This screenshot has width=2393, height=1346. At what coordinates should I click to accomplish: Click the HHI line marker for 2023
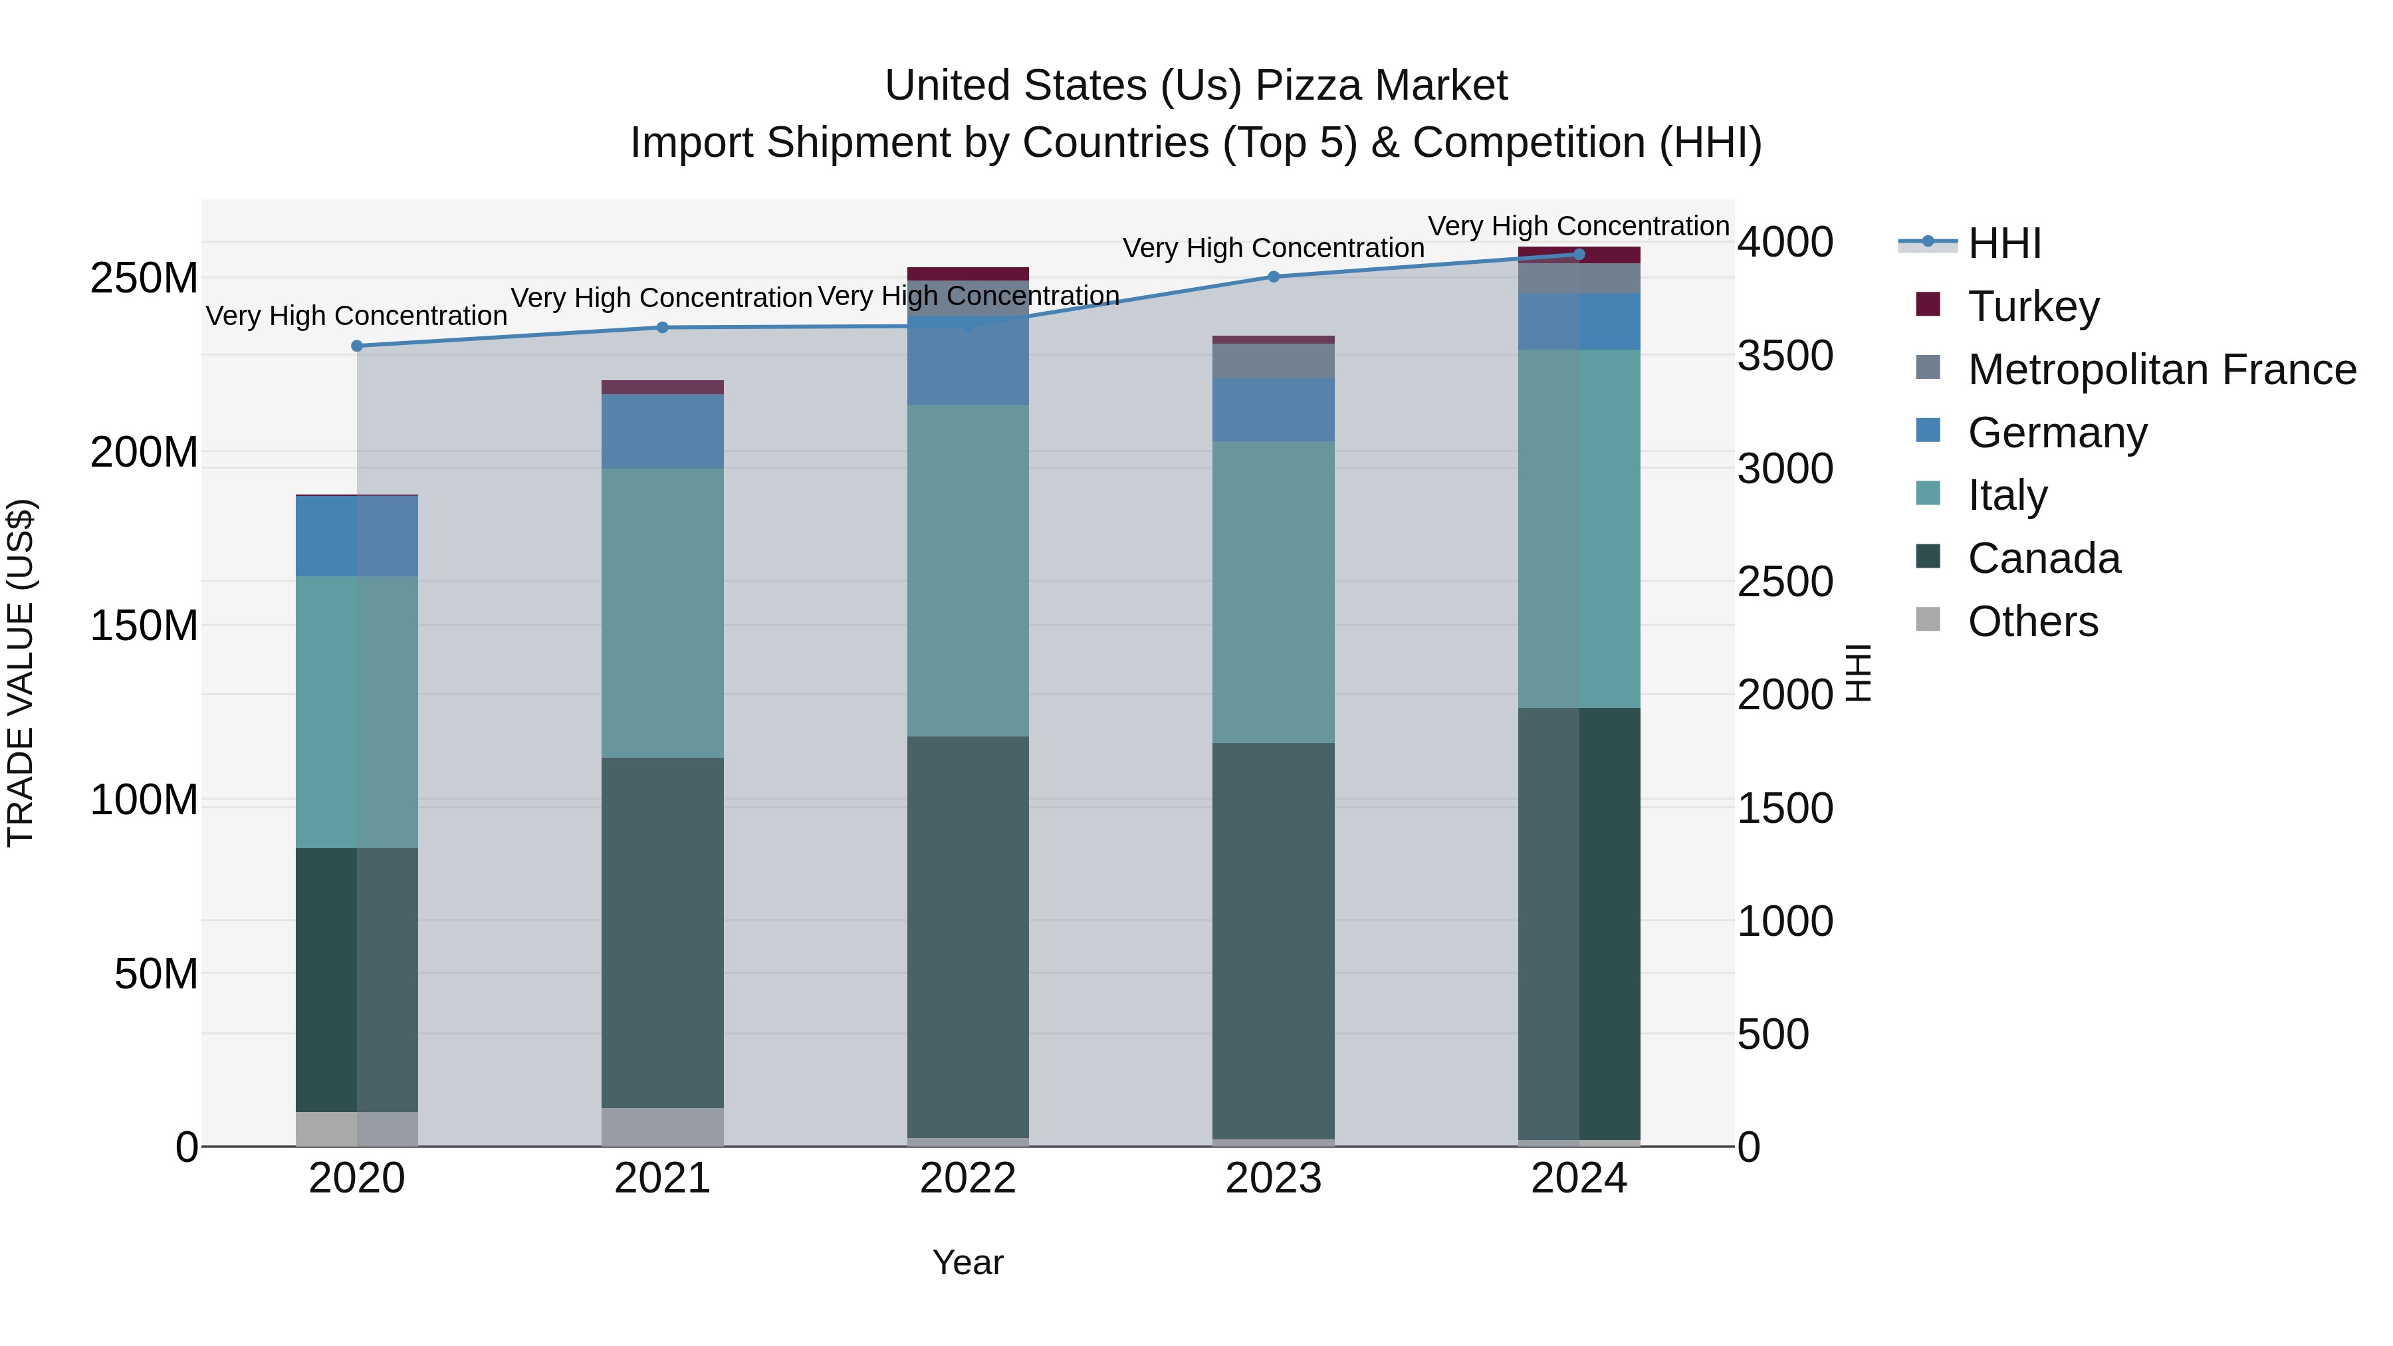1274,277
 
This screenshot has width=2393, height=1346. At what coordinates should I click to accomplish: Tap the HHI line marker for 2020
357,346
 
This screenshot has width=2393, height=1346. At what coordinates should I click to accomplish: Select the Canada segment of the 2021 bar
662,932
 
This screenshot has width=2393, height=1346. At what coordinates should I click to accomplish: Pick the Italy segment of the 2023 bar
1274,592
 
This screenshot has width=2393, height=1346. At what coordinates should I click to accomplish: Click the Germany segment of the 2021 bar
662,431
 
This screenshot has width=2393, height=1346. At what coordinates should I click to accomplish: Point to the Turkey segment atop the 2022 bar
968,274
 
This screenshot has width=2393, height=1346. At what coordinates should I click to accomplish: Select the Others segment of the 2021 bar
662,1127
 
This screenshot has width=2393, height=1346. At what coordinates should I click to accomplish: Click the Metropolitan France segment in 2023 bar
1274,362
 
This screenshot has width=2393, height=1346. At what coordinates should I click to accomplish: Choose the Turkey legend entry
2033,306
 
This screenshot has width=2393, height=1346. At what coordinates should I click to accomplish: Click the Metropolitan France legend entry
2161,370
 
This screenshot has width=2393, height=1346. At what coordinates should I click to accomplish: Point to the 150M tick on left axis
144,626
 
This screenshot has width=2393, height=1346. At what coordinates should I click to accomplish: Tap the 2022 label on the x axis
968,1178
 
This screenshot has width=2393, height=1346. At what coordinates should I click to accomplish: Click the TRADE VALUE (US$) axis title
21,673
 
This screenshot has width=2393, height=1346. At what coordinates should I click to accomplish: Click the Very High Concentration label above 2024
1577,226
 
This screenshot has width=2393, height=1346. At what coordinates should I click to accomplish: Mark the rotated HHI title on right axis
1858,673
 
